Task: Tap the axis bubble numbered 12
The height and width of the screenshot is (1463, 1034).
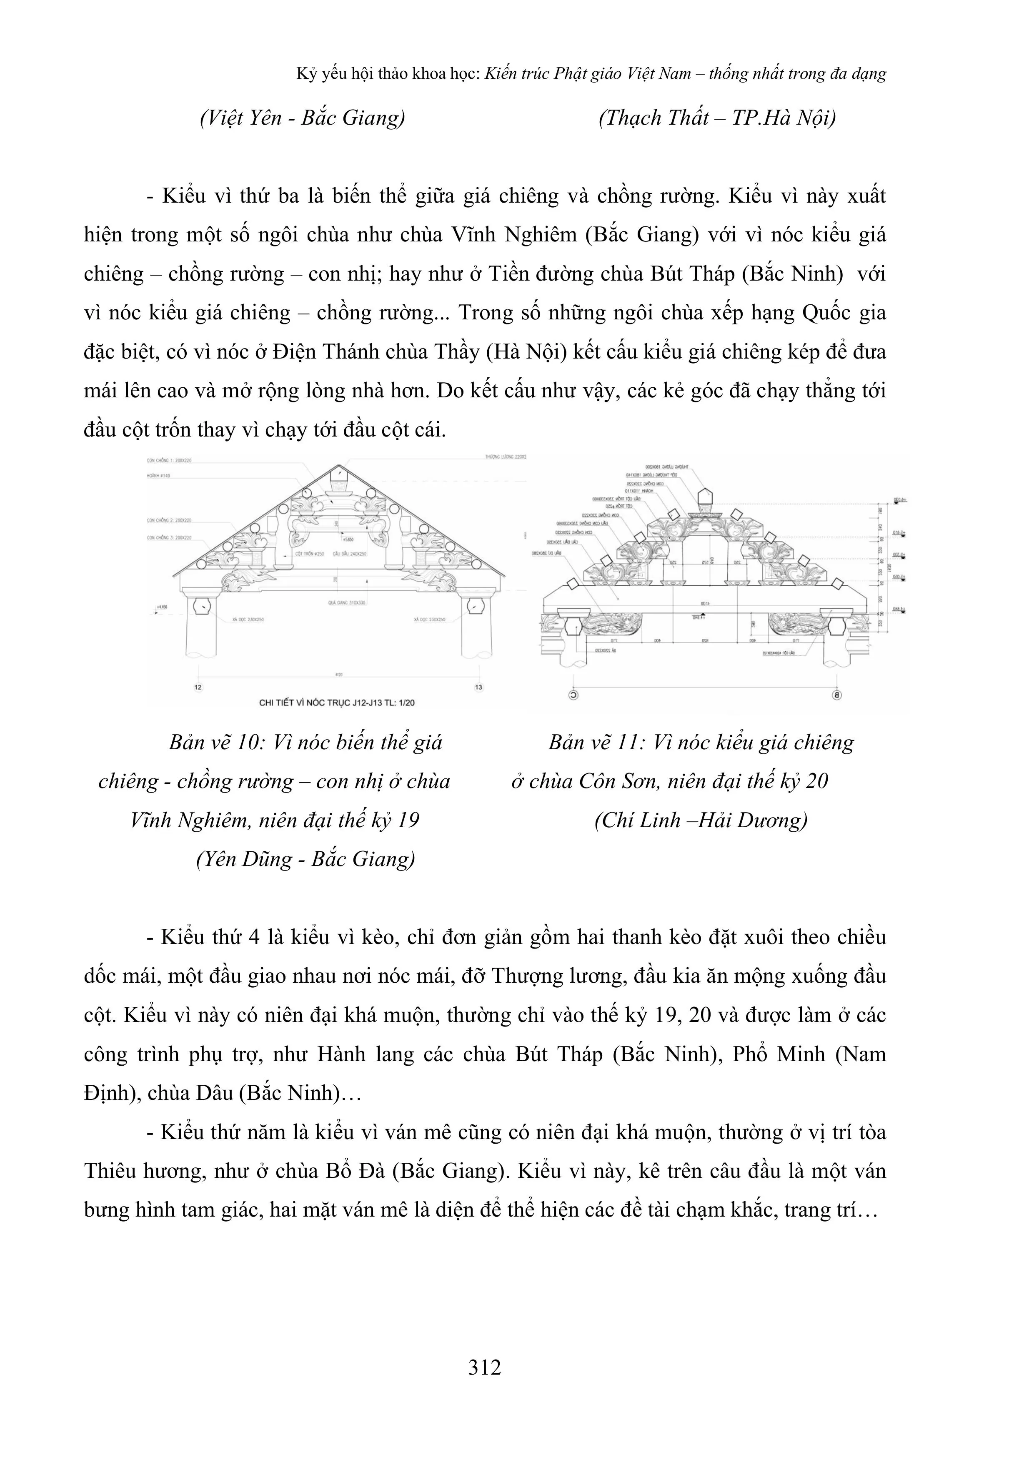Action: pyautogui.click(x=198, y=688)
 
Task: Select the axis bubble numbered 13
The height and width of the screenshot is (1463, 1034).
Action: pyautogui.click(x=478, y=688)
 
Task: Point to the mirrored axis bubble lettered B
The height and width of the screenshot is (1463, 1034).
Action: pyautogui.click(x=836, y=695)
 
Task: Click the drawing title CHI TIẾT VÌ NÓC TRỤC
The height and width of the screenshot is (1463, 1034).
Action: pyautogui.click(x=336, y=703)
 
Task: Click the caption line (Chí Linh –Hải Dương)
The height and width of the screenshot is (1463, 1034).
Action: pyautogui.click(x=701, y=820)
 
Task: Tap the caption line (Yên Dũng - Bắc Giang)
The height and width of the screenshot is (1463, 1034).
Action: pyautogui.click(x=306, y=859)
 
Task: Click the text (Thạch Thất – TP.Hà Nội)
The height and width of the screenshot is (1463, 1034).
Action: pyautogui.click(x=717, y=118)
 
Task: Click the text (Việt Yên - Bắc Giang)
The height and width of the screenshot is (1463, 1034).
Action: pyautogui.click(x=303, y=118)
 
